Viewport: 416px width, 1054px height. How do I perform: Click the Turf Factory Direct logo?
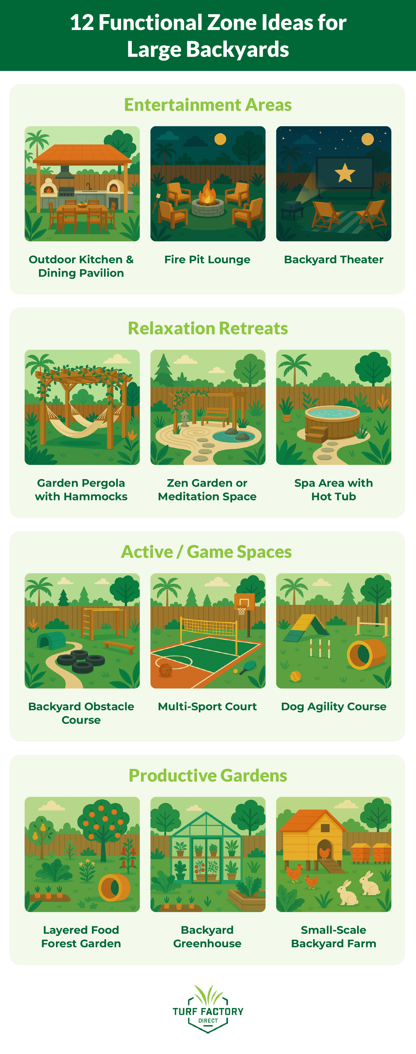click(x=208, y=1009)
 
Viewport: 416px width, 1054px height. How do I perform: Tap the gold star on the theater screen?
click(x=345, y=173)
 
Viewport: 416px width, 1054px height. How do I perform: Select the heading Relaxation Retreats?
click(x=208, y=328)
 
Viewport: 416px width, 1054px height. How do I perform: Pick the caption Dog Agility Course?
click(x=333, y=707)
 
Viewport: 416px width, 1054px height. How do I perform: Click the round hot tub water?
click(x=332, y=413)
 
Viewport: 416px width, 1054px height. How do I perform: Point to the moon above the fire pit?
click(x=220, y=139)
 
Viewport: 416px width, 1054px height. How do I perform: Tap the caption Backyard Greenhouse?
click(x=207, y=936)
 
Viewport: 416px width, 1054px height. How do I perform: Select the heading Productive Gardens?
click(x=208, y=775)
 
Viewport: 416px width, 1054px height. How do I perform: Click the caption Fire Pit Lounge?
click(x=207, y=259)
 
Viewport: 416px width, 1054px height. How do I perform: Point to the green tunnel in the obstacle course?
click(x=52, y=640)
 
